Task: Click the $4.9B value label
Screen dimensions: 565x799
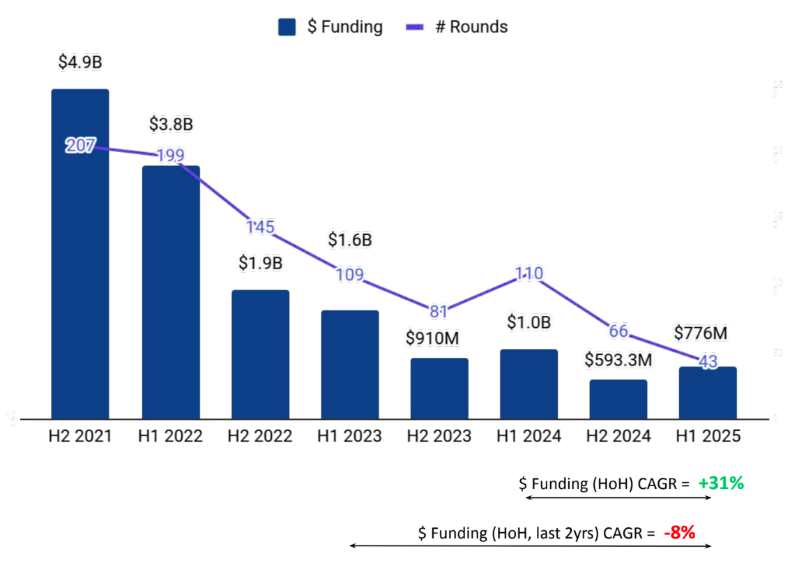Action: click(x=80, y=62)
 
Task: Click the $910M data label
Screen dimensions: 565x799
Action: click(x=432, y=338)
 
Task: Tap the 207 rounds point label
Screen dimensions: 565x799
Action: click(x=80, y=146)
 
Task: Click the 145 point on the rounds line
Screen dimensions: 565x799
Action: click(x=260, y=227)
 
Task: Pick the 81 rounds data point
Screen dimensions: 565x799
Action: click(x=439, y=311)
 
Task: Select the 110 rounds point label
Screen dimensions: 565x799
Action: click(x=528, y=273)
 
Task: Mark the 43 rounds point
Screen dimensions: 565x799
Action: click(x=708, y=363)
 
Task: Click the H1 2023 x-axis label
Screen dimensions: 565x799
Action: click(x=349, y=437)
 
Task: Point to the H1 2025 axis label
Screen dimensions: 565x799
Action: click(x=708, y=437)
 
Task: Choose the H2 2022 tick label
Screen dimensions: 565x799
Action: click(x=259, y=437)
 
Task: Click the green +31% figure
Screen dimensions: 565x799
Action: click(x=721, y=483)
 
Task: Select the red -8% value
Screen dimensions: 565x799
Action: click(x=679, y=533)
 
